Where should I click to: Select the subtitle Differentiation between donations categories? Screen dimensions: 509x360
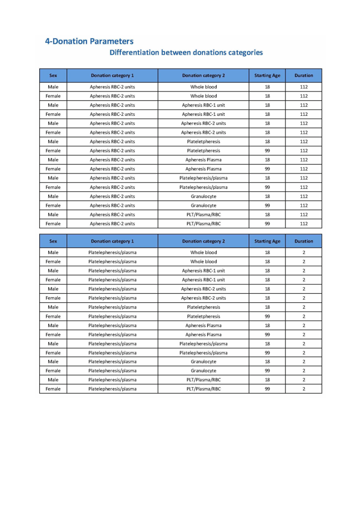[x=186, y=53]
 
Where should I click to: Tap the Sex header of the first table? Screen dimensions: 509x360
[x=53, y=76]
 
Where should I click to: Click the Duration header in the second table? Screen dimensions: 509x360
[x=303, y=241]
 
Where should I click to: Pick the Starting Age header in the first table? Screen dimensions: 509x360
[x=267, y=76]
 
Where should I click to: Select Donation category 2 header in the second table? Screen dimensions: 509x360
[x=203, y=241]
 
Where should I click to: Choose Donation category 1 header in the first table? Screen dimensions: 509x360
[x=112, y=76]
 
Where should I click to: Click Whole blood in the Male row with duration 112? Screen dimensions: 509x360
[x=203, y=87]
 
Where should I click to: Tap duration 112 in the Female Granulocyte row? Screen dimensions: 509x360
[x=303, y=205]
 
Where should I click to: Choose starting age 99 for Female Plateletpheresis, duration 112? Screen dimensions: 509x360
[x=267, y=151]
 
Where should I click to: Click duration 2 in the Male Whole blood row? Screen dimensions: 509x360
[x=303, y=253]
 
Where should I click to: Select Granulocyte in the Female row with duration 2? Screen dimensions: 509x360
[x=203, y=371]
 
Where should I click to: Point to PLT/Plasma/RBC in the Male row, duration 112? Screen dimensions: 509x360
[x=203, y=215]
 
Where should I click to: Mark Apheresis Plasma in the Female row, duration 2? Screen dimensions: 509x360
[x=203, y=335]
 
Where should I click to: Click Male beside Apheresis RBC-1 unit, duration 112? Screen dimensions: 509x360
[x=53, y=105]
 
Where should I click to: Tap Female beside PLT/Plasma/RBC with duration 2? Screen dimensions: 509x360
[x=53, y=389]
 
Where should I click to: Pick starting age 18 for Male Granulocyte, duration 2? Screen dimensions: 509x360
[x=267, y=362]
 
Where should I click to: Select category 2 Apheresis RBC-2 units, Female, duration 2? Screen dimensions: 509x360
[x=203, y=298]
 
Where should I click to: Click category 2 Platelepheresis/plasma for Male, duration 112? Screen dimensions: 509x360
[x=203, y=178]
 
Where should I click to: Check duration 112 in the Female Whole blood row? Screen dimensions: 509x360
[x=303, y=96]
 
